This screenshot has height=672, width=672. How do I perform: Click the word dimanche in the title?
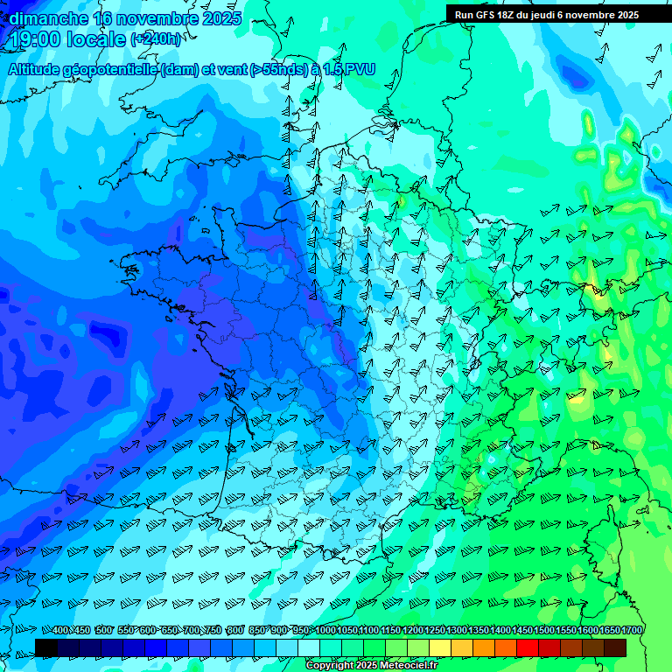tap(48, 18)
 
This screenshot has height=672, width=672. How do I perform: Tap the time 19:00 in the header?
tap(36, 39)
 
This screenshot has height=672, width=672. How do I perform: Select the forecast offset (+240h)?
tap(157, 39)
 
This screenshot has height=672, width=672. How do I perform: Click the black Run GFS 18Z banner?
tap(547, 15)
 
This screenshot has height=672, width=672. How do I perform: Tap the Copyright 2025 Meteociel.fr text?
tap(371, 666)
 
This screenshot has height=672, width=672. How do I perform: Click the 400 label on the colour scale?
tap(60, 631)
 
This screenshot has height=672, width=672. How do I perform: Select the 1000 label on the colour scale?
tap(325, 631)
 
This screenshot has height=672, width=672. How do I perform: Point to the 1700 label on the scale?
tap(631, 631)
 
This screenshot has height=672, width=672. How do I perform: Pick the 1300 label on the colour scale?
tap(456, 631)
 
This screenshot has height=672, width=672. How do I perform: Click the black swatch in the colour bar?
tap(46, 647)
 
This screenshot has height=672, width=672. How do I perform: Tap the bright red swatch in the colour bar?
tap(528, 647)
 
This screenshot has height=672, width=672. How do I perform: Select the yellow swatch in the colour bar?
tap(440, 647)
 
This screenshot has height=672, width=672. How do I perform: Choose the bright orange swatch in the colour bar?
tap(484, 647)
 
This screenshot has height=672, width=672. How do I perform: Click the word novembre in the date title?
tap(154, 18)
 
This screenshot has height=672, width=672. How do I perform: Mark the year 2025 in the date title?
tap(222, 18)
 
